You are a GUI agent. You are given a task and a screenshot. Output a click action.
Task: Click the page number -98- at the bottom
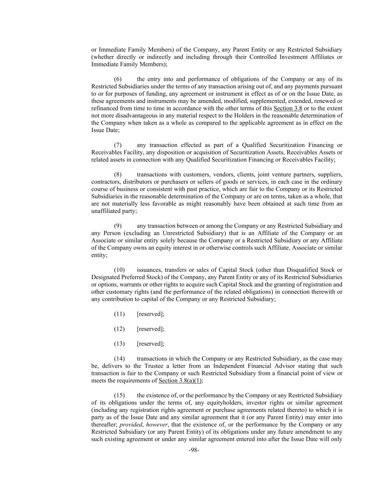[x=194, y=450]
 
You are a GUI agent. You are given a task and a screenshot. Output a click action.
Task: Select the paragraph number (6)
[x=118, y=79]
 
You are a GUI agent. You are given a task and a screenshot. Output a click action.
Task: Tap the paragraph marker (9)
[x=118, y=226]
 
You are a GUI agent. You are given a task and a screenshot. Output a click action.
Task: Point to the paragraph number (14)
[x=119, y=359]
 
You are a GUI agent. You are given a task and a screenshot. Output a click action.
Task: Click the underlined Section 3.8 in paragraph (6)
[x=288, y=108]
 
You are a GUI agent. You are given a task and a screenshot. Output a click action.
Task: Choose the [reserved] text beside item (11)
[x=150, y=314]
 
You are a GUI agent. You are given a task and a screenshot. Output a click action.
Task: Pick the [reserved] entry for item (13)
[x=150, y=344]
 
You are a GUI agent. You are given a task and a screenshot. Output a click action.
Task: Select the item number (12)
[x=119, y=329]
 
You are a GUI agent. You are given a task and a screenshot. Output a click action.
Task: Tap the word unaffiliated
[x=105, y=211]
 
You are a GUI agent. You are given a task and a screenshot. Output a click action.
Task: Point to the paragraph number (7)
[x=118, y=145]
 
